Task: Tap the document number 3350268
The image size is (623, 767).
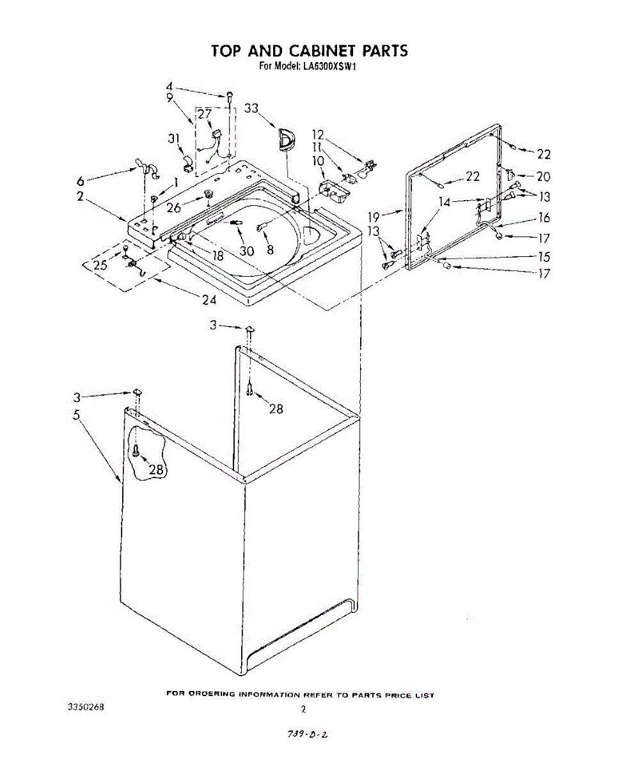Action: click(86, 708)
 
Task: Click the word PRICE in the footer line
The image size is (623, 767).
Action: click(398, 695)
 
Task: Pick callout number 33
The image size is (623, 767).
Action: click(251, 109)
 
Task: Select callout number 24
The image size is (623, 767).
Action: click(209, 298)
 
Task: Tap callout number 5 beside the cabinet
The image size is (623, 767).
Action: click(76, 415)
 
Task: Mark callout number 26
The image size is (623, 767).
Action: click(174, 207)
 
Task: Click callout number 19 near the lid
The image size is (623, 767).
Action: click(374, 217)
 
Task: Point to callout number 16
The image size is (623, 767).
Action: click(544, 218)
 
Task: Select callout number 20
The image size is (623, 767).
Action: click(543, 176)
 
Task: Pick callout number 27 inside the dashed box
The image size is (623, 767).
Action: click(204, 115)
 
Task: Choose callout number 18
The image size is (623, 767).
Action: click(217, 255)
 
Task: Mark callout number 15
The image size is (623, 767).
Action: click(544, 257)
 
